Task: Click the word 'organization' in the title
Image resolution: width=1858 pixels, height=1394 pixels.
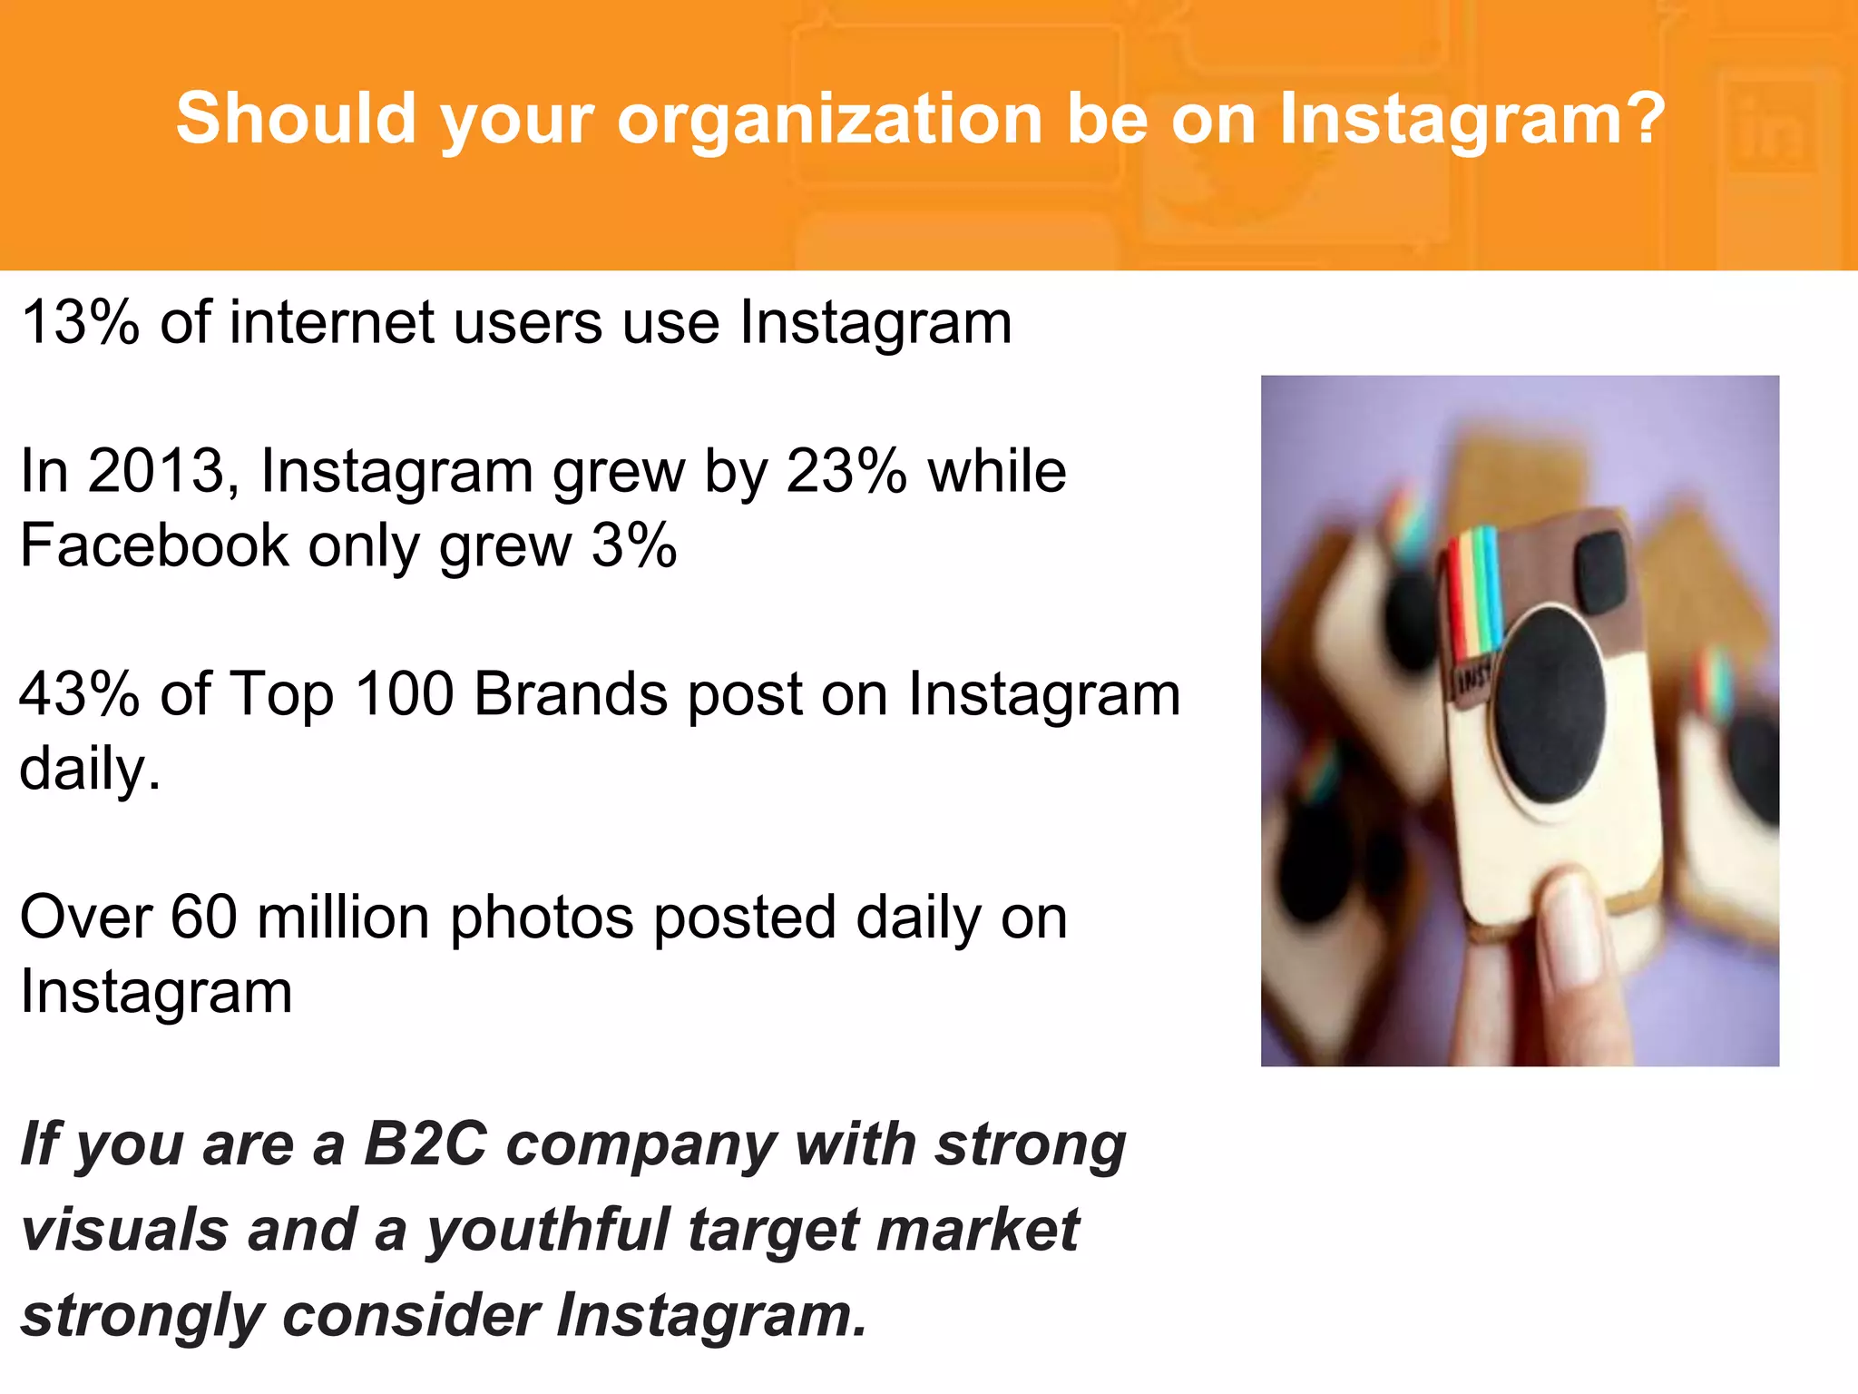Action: coord(829,120)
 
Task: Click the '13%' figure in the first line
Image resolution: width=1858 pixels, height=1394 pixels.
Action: coord(80,323)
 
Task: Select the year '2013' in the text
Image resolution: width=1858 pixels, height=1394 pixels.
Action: coord(156,472)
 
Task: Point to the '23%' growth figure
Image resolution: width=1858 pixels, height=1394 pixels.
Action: coord(846,472)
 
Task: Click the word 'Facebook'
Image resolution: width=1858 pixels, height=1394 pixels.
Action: coord(154,546)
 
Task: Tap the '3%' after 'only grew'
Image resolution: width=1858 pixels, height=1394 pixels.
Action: coord(633,546)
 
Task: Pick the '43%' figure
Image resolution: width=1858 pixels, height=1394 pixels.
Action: coord(80,695)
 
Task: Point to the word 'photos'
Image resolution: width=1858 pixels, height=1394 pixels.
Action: coord(541,919)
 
